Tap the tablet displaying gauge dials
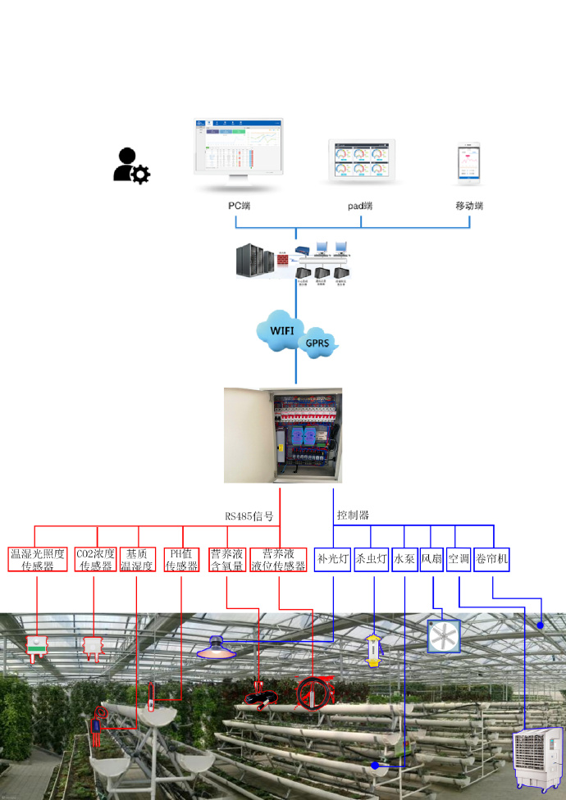(362, 159)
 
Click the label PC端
(239, 205)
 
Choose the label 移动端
(469, 205)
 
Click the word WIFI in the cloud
(282, 331)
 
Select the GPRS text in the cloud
(318, 344)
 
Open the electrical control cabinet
(283, 435)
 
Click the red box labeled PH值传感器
(181, 559)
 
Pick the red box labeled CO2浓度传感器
(95, 559)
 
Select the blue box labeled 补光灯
(334, 560)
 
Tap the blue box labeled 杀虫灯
(372, 560)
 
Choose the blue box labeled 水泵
(404, 560)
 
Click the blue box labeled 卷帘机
(491, 560)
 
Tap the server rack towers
(253, 261)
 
